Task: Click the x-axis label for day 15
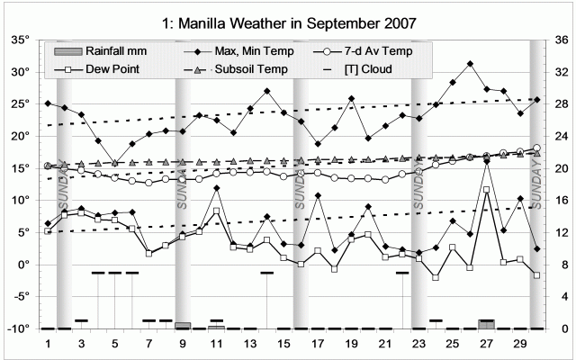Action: point(283,344)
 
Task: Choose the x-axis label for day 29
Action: point(519,344)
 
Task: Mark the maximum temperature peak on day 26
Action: point(470,64)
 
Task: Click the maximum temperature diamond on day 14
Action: point(267,92)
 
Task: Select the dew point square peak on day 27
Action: point(486,190)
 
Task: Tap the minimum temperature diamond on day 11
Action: point(217,188)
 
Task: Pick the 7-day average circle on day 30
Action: point(536,148)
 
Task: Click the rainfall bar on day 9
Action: point(183,325)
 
